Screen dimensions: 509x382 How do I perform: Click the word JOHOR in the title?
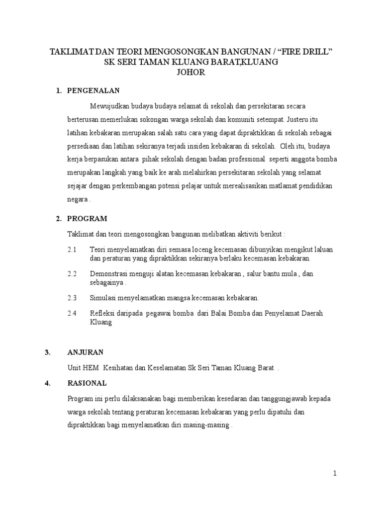[x=191, y=73]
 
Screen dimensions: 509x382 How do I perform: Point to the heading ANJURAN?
[x=85, y=352]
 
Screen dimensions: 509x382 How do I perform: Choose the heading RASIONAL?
[x=87, y=383]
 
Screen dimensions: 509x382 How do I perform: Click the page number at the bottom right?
[x=335, y=473]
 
